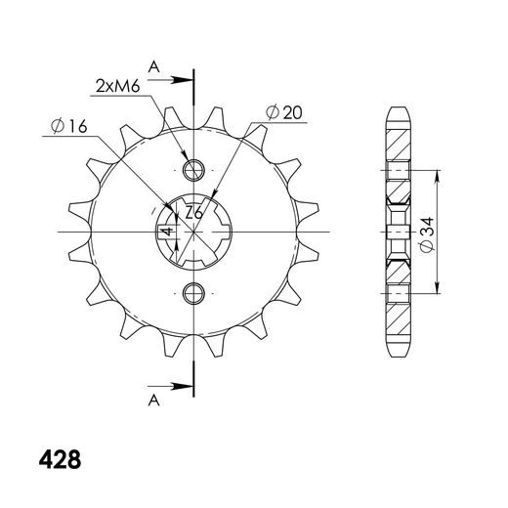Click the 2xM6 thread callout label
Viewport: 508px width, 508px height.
click(x=118, y=86)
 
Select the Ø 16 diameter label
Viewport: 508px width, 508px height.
click(x=69, y=126)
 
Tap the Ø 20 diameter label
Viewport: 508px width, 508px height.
click(x=284, y=112)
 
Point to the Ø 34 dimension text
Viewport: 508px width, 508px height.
click(x=427, y=234)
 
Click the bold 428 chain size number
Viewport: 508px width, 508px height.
click(x=60, y=459)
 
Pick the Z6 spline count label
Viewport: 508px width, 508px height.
click(x=194, y=214)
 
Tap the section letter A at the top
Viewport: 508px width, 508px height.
click(x=154, y=67)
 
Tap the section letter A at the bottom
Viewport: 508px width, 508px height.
click(x=154, y=401)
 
